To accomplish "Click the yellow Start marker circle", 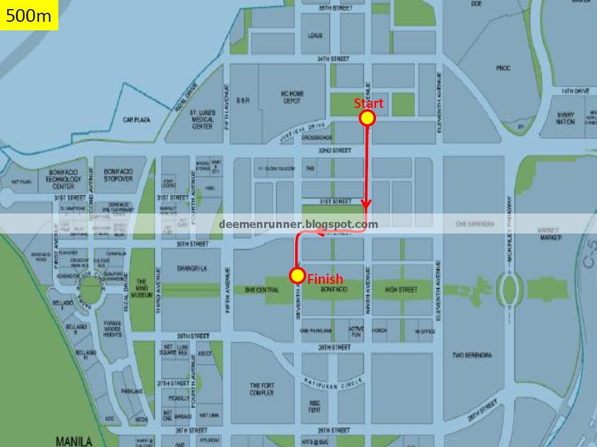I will click(367, 118).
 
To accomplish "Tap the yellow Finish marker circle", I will click(297, 276).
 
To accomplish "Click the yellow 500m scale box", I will click(29, 16).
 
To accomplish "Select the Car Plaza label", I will click(136, 120).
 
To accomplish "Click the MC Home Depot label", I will click(292, 97).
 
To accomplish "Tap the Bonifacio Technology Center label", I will click(63, 179).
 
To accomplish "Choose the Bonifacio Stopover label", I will click(118, 175).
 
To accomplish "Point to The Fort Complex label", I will click(262, 389).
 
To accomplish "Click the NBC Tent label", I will click(315, 406).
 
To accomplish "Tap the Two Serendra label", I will click(472, 355).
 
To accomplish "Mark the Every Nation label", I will click(565, 118).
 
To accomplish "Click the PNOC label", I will click(503, 69).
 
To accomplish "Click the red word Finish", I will click(325, 280).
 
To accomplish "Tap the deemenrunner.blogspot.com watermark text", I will click(298, 224).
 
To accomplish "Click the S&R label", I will click(243, 101).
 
